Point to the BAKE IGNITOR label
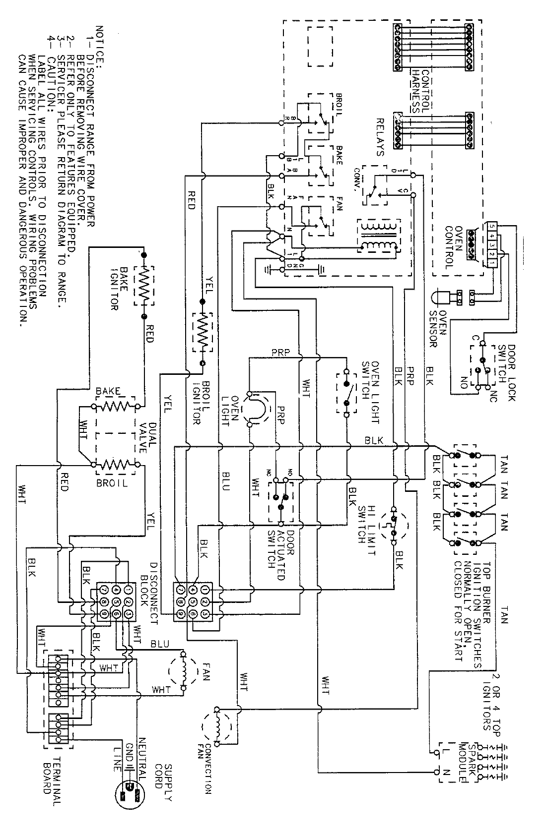click(x=115, y=287)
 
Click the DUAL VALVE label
click(x=141, y=437)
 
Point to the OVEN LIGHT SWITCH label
click(x=370, y=392)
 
